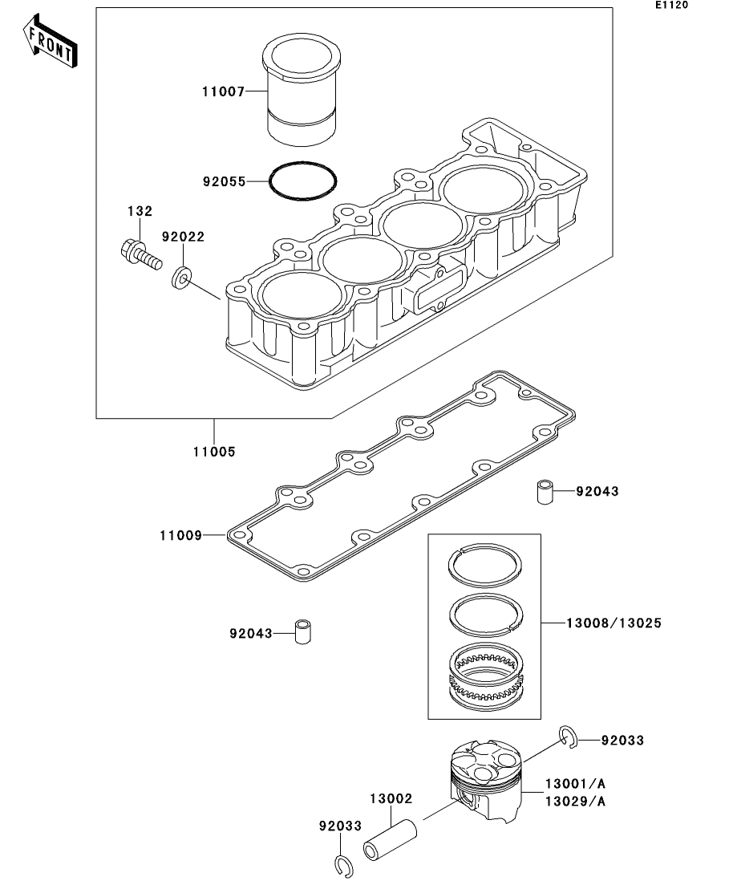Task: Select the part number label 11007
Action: [223, 91]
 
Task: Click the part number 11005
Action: [213, 452]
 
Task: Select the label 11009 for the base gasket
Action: [180, 534]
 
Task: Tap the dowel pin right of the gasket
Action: [545, 492]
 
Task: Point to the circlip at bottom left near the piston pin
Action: [342, 866]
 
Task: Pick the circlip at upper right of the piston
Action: [567, 737]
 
